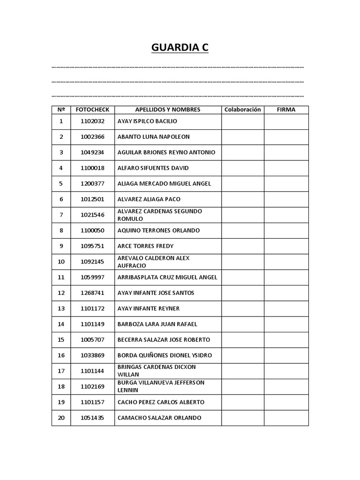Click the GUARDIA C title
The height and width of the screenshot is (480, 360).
180,47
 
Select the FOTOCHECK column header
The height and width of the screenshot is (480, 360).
92,110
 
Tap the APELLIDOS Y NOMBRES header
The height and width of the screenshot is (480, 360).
168,110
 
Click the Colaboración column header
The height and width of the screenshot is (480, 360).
242,110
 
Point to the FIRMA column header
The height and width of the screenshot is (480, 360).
286,110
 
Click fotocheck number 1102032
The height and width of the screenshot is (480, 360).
92,121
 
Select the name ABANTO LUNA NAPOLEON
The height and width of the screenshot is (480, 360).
153,137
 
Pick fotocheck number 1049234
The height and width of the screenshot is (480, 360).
92,152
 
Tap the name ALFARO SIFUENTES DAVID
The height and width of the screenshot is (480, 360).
153,168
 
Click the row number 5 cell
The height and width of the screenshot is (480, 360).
61,184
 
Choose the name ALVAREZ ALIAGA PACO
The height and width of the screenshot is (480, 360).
149,199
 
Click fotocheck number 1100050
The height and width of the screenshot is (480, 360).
92,231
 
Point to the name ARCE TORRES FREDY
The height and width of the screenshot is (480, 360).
145,246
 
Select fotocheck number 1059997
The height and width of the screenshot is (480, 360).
92,277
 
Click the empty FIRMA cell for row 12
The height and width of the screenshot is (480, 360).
286,293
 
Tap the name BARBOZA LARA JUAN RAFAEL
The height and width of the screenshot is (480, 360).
157,324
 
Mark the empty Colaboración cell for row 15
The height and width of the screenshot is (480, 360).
242,340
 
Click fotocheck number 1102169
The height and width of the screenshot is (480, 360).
92,387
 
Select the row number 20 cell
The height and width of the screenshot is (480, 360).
61,418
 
